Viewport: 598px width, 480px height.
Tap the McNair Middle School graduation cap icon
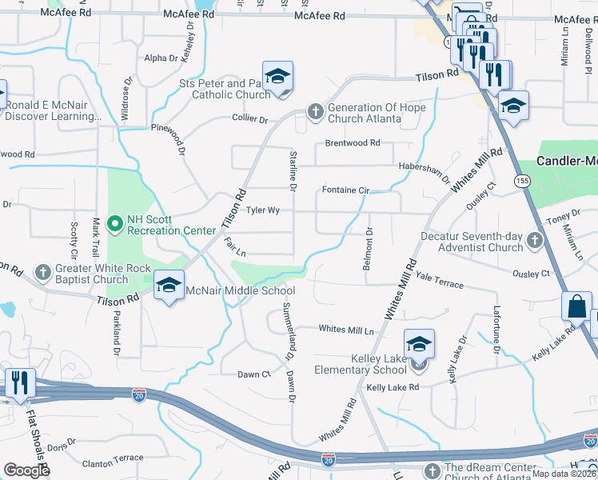169,286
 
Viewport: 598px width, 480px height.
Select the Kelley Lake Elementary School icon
419,345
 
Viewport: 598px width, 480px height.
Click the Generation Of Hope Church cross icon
316,111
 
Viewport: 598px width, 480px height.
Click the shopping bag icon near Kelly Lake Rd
576,306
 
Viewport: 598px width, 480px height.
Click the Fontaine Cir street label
345,190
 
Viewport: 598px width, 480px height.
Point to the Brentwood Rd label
353,143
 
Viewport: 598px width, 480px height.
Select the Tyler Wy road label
262,210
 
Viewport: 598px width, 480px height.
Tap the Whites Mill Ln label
346,330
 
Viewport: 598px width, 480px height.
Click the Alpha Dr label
161,58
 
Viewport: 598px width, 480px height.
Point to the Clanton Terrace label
113,462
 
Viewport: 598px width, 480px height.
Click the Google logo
26,470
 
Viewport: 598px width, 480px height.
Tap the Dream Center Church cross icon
433,470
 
